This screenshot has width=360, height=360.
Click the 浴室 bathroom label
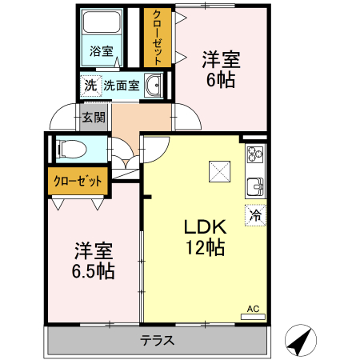coord(101,51)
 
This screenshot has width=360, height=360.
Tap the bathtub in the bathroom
coord(102,23)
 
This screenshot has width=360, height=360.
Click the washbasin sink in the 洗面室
coord(153,87)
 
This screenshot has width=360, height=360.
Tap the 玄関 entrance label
coord(93,118)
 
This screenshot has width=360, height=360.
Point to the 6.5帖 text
coord(92,271)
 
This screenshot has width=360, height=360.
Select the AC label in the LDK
coord(252,308)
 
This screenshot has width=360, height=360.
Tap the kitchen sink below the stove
coord(254,186)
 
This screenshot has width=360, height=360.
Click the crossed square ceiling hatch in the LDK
coord(218,170)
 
